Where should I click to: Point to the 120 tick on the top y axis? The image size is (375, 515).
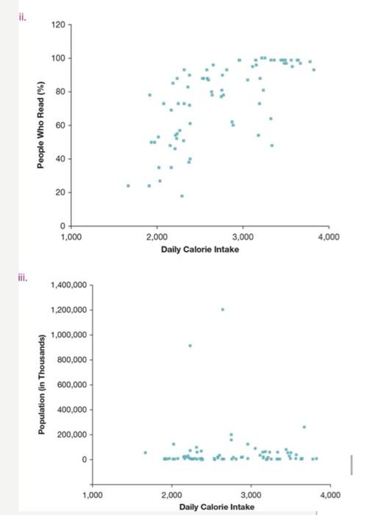(x=57, y=25)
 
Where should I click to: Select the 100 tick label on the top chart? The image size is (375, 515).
(x=57, y=58)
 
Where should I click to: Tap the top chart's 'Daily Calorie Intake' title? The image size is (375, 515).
(x=200, y=249)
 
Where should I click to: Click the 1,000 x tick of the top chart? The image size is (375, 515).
(x=71, y=237)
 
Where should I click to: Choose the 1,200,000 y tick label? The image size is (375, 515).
(x=70, y=310)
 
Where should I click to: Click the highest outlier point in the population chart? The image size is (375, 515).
(x=222, y=310)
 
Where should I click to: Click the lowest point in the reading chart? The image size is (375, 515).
(x=182, y=196)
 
